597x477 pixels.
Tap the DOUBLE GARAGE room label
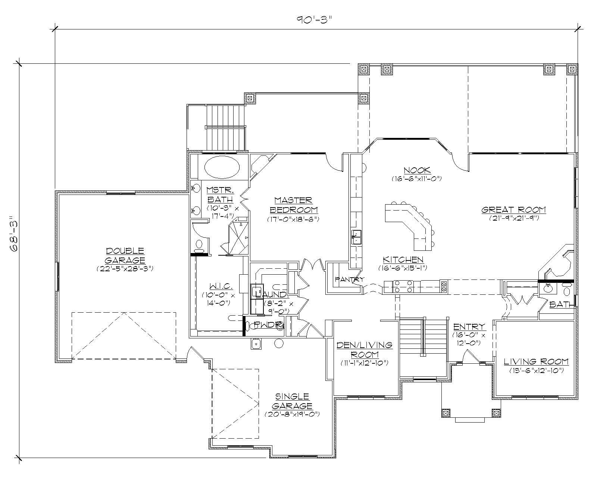(125, 255)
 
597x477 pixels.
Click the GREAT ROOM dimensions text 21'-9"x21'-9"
(514, 218)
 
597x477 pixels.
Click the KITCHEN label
(403, 259)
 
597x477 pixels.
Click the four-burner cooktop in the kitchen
(403, 286)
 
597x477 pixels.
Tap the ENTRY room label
(469, 327)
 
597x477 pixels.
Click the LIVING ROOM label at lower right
(536, 361)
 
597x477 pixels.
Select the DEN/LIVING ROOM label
(364, 349)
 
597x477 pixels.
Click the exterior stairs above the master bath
(226, 128)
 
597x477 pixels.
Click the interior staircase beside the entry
(423, 337)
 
